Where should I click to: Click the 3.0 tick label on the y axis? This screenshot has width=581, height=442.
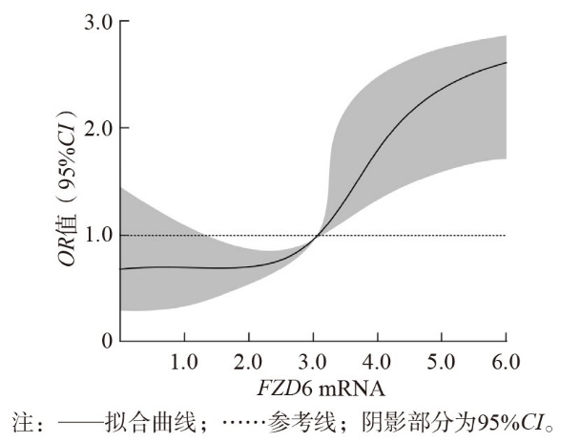point(98,23)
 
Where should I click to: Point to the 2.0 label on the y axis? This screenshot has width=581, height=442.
point(98,128)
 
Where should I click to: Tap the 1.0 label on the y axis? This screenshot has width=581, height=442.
point(98,236)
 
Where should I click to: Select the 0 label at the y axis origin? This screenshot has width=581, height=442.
point(107,341)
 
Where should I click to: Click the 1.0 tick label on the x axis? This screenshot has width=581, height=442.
point(184,362)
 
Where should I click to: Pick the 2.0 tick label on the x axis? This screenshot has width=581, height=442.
point(248,362)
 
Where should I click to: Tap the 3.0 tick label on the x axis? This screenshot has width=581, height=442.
point(312,362)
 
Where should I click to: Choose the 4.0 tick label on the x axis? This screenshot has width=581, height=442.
point(377,362)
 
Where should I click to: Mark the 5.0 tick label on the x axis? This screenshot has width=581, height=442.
point(441,362)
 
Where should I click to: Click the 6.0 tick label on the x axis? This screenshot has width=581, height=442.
point(506,362)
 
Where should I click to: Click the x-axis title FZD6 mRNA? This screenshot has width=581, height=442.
point(321,389)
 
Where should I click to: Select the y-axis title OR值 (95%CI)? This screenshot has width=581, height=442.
point(67,187)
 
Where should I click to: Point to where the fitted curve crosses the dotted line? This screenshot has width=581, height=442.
point(317,236)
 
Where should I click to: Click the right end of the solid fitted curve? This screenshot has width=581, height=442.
point(507,62)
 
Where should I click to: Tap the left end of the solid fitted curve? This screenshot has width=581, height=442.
point(121,269)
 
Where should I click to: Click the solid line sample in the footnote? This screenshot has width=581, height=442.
point(80,422)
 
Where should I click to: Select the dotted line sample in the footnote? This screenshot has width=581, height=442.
point(245,422)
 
